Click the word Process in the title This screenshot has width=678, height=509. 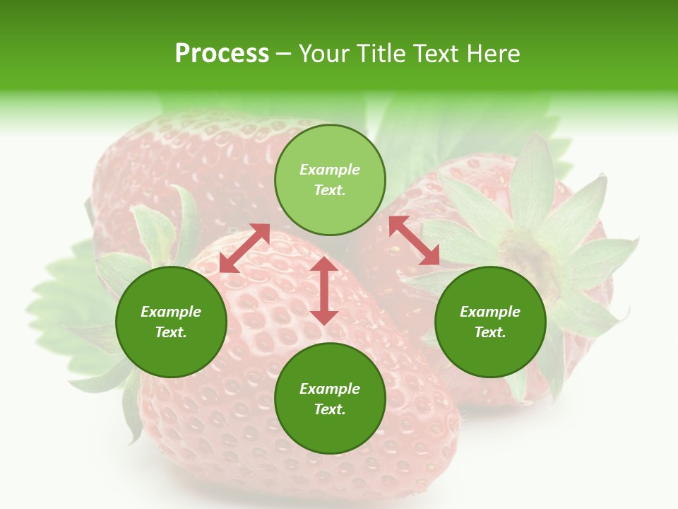point(222,54)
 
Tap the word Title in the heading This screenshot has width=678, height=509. point(384,54)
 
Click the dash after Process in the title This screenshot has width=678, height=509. point(284,54)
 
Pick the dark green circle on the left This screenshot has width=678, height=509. point(171,322)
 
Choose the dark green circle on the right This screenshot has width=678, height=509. point(490,322)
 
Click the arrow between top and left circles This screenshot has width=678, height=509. point(245,248)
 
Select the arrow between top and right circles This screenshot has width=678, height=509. point(414,240)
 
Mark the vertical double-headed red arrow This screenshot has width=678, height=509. point(324,291)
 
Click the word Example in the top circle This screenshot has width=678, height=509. point(330,170)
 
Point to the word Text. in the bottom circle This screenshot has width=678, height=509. point(330,409)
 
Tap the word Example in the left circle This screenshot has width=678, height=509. point(171,312)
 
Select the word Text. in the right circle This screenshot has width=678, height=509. point(490,332)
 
